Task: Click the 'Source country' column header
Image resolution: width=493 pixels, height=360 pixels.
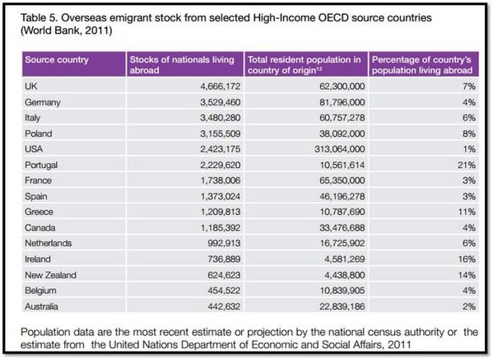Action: (x=57, y=60)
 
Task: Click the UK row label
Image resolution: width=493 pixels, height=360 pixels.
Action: (x=32, y=85)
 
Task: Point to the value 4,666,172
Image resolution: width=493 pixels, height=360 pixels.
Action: (x=212, y=85)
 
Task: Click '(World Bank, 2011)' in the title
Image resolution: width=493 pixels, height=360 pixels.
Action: (x=63, y=29)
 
